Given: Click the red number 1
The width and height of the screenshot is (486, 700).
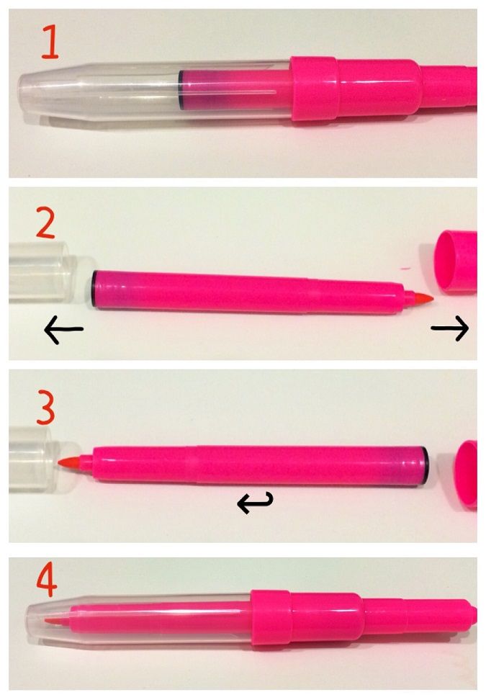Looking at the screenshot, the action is pos(50,42).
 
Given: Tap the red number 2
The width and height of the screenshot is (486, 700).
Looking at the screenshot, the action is pos(45,223).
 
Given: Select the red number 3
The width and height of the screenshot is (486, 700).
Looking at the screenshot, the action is pos(45,408).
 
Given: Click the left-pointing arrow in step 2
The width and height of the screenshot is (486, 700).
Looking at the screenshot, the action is pos(63,329).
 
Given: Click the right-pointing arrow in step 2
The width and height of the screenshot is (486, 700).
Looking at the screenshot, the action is pos(450,328).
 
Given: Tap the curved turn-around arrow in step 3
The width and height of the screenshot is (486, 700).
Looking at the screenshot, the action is pos(255,502).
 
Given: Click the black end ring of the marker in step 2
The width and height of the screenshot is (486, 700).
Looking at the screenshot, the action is pos(94,289).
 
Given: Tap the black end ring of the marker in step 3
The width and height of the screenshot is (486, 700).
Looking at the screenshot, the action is pos(426,466).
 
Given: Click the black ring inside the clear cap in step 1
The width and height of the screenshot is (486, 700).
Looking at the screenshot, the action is pos(180,89).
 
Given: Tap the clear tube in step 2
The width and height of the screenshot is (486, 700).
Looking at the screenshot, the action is pos(40,272).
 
